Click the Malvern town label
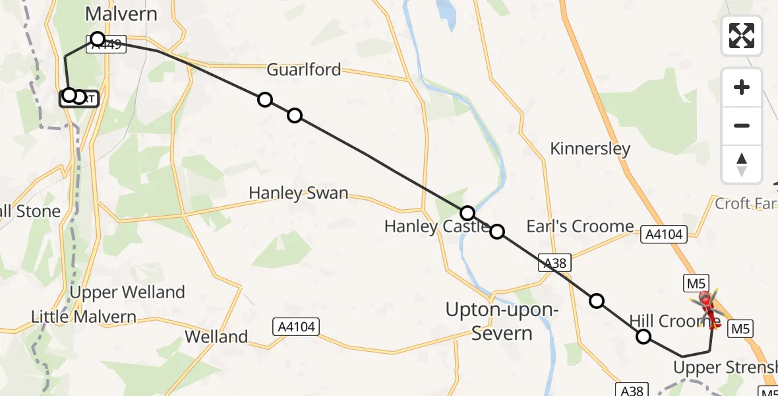pyautogui.click(x=121, y=14)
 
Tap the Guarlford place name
pyautogui.click(x=303, y=69)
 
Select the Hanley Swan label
pyautogui.click(x=298, y=193)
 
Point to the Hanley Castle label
pyautogui.click(x=436, y=226)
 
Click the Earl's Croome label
pyautogui.click(x=580, y=226)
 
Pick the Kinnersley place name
pyautogui.click(x=590, y=149)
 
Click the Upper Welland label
pyautogui.click(x=127, y=292)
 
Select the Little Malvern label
pyautogui.click(x=84, y=316)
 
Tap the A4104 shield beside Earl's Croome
pyautogui.click(x=665, y=234)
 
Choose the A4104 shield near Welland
pyautogui.click(x=295, y=326)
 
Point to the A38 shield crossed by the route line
pyautogui.click(x=554, y=262)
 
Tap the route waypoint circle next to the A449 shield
pyautogui.click(x=98, y=39)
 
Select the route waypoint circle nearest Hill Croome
pyautogui.click(x=643, y=337)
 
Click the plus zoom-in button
pyautogui.click(x=742, y=87)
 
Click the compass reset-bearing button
pyautogui.click(x=742, y=164)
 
